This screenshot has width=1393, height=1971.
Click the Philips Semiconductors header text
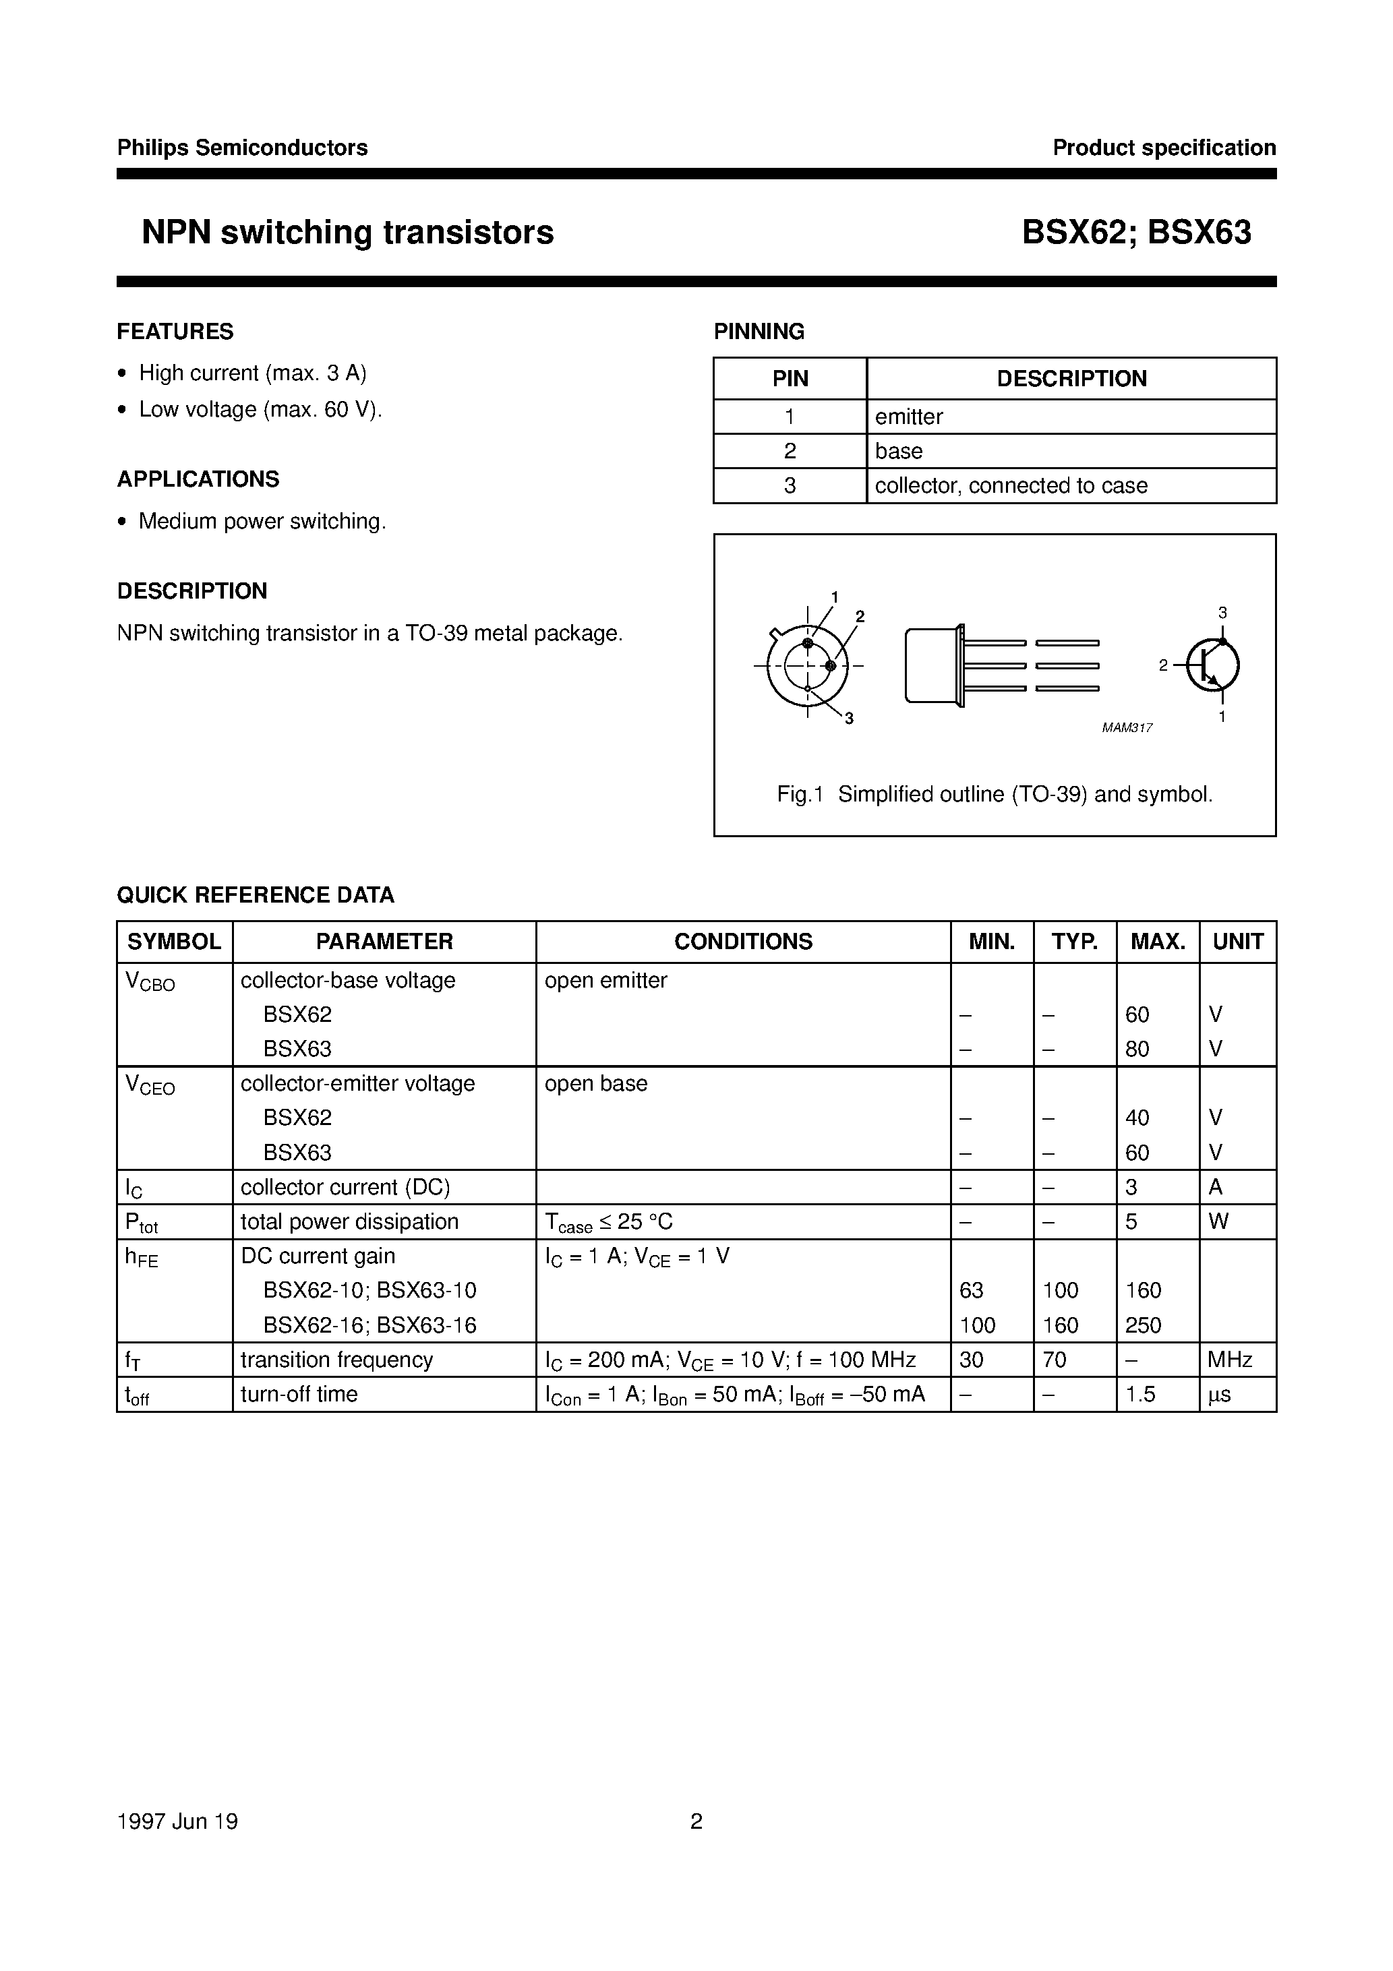click(242, 148)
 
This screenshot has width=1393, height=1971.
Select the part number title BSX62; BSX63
click(1135, 233)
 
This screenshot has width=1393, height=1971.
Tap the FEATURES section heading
click(175, 332)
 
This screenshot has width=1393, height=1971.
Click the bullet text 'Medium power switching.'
click(262, 522)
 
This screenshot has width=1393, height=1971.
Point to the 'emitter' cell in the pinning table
click(909, 417)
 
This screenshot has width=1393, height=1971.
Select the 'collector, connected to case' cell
click(1011, 486)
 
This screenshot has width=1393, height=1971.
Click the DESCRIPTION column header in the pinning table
click(1071, 379)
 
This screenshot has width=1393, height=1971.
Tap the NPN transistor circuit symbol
click(1212, 665)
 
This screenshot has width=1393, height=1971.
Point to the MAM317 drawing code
click(1127, 728)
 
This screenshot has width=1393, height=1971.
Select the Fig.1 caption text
click(995, 794)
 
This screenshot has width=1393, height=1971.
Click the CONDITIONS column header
click(743, 942)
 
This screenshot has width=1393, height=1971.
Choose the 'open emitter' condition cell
click(605, 980)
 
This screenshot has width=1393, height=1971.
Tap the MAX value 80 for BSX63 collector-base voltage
click(1137, 1049)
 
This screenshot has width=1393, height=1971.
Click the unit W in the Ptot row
click(1218, 1221)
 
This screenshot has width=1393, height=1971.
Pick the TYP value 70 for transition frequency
click(1054, 1360)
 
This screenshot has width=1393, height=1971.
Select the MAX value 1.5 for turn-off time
click(1141, 1394)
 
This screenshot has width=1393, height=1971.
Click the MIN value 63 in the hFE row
click(972, 1290)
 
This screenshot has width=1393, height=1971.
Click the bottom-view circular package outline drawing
click(807, 665)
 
